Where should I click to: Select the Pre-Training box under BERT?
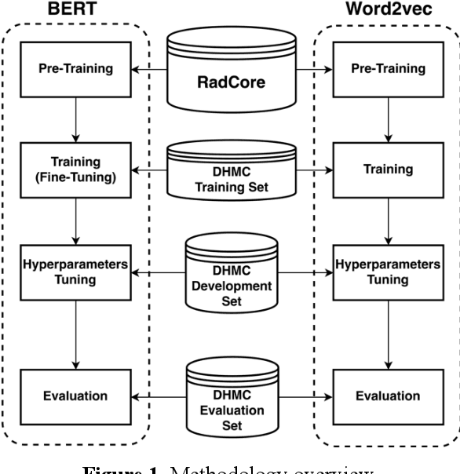tap(75, 68)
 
